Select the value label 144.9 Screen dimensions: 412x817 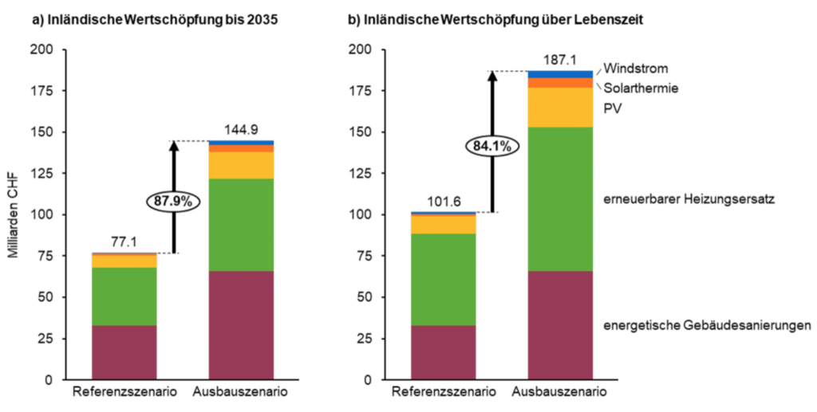(x=240, y=130)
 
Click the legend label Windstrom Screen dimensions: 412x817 (x=635, y=68)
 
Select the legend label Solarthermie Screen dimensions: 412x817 (x=641, y=88)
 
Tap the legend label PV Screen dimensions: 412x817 (x=612, y=108)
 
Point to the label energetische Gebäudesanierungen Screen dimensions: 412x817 (x=708, y=325)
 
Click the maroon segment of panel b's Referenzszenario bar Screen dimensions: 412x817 (x=443, y=351)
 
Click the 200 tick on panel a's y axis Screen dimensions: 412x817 (x=41, y=50)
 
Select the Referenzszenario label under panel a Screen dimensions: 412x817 (x=124, y=393)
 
